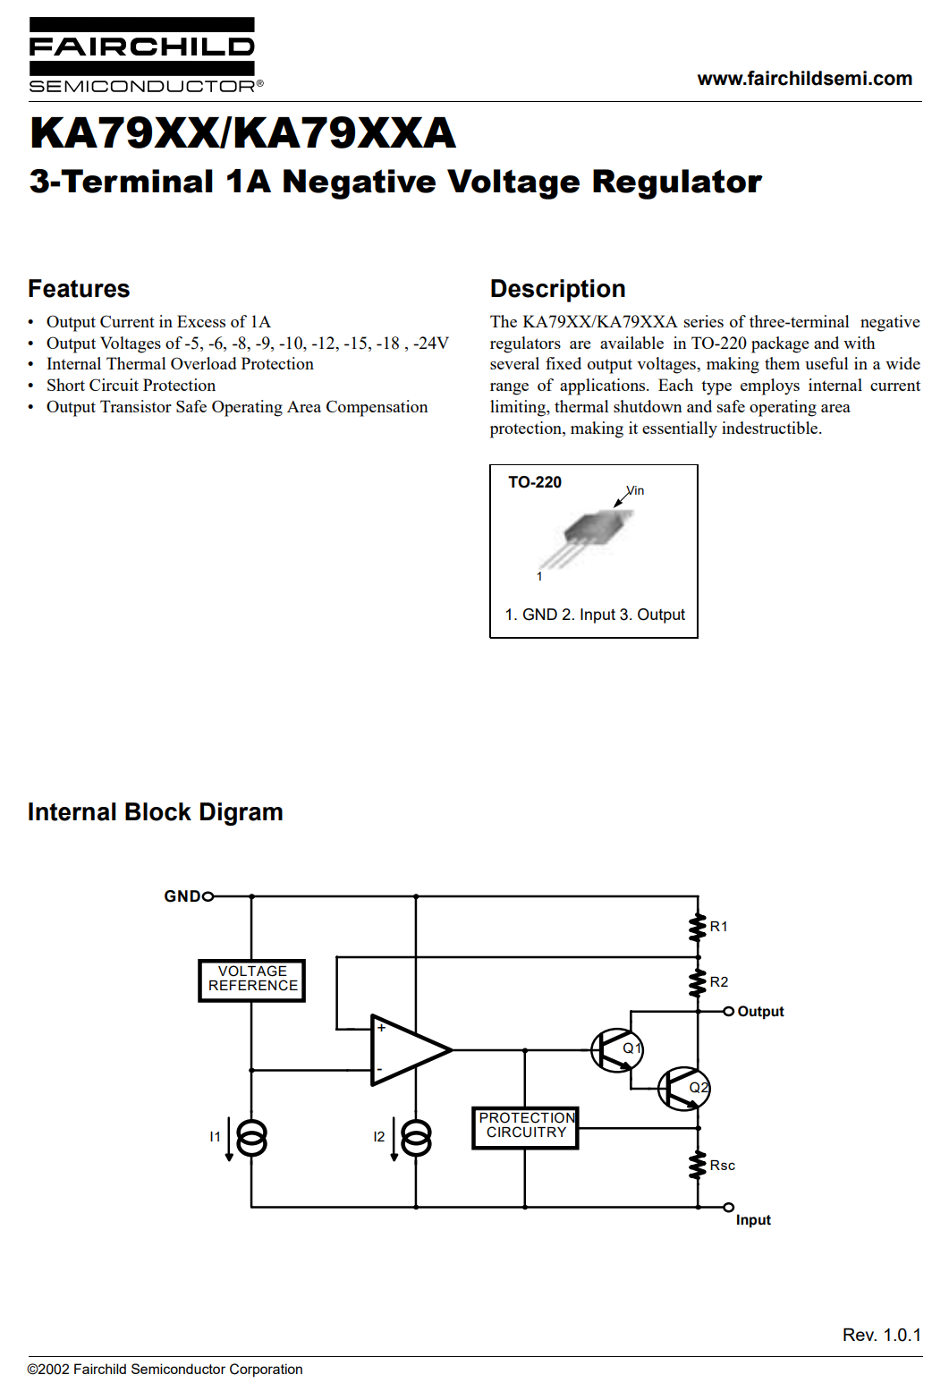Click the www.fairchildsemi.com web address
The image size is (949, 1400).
[805, 79]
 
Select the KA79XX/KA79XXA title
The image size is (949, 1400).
[242, 133]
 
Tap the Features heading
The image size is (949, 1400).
[79, 289]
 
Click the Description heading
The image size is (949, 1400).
[557, 289]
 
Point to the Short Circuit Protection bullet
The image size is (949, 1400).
[131, 385]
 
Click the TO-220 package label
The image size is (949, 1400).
[535, 482]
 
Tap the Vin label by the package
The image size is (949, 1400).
[635, 490]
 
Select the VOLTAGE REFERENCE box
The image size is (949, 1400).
[251, 980]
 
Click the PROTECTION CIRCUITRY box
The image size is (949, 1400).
[525, 1127]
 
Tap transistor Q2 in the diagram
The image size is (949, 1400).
[683, 1089]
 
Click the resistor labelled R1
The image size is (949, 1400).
[698, 927]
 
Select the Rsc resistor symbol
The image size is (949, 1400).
[698, 1165]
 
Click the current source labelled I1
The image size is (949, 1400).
[251, 1138]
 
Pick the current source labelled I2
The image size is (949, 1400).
[416, 1138]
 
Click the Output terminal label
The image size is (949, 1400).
[760, 1011]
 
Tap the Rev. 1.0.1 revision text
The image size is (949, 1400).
[882, 1335]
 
